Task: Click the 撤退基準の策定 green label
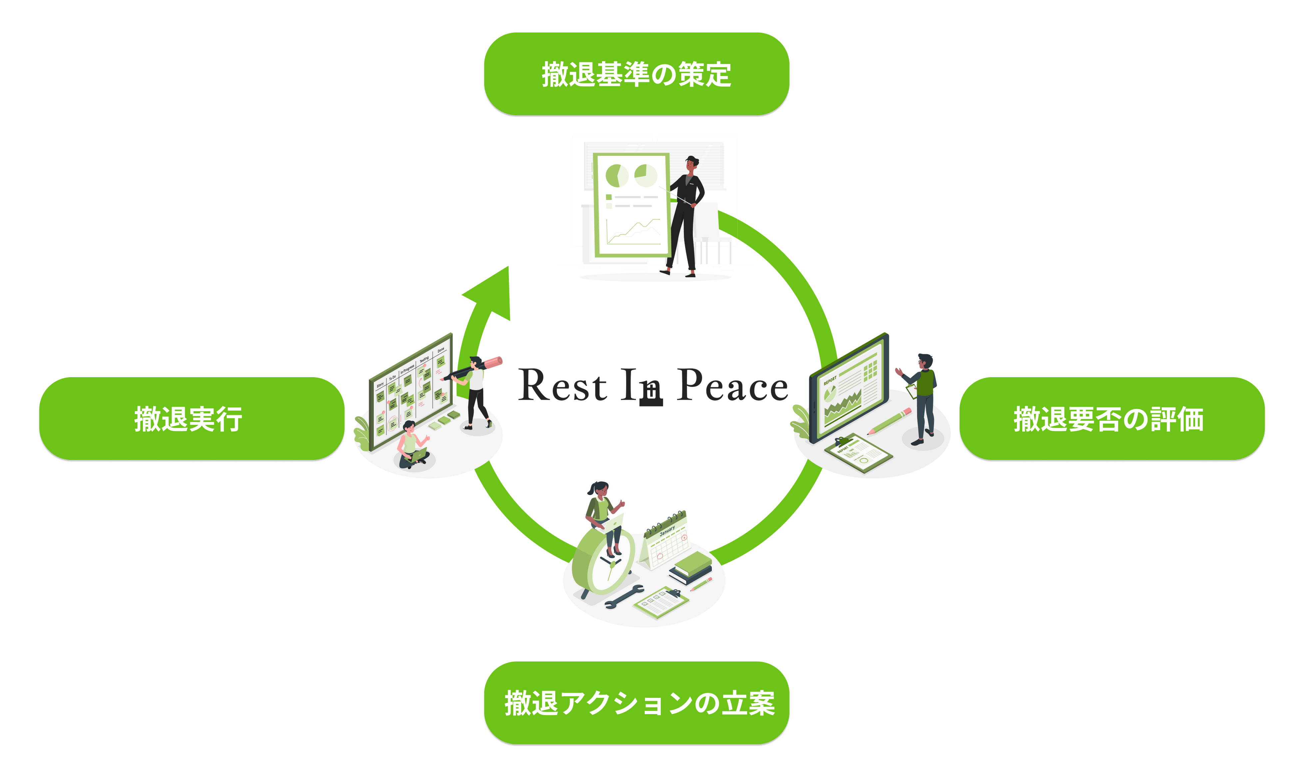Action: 637,74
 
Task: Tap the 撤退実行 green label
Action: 192,419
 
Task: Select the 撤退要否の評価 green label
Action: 1111,419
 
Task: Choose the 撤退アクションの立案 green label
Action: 637,703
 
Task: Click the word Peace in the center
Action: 732,386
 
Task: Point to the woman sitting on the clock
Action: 604,514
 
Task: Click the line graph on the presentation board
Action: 633,231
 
